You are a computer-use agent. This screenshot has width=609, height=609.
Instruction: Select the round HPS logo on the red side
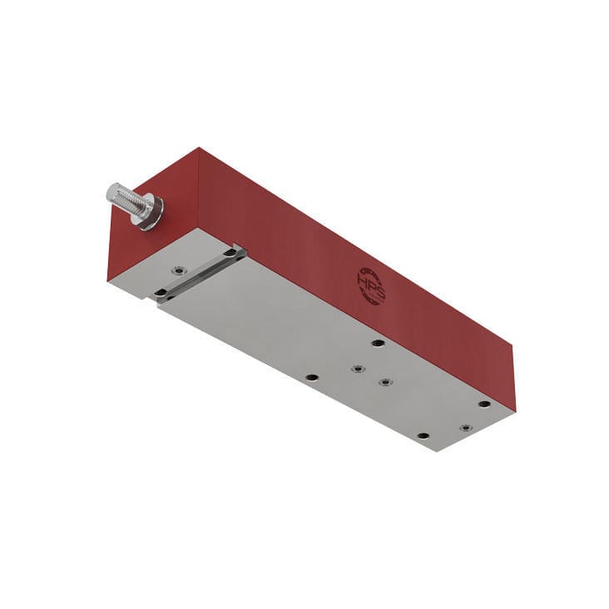371,285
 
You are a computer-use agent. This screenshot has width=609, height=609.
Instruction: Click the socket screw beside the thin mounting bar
178,270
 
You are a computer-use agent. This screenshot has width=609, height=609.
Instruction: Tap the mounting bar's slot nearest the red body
230,252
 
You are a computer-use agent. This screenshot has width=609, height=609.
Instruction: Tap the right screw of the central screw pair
384,382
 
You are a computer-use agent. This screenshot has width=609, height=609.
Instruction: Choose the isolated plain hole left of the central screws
311,377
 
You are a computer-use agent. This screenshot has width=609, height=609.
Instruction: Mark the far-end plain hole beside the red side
484,404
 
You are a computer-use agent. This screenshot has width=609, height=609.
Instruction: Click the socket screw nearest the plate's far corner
465,428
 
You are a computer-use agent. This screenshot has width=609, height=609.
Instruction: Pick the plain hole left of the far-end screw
423,435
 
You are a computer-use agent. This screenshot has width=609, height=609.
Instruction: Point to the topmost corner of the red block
198,148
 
